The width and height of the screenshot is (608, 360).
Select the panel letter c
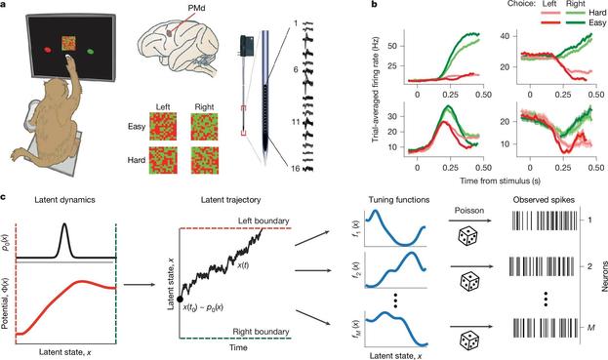coord(7,181)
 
